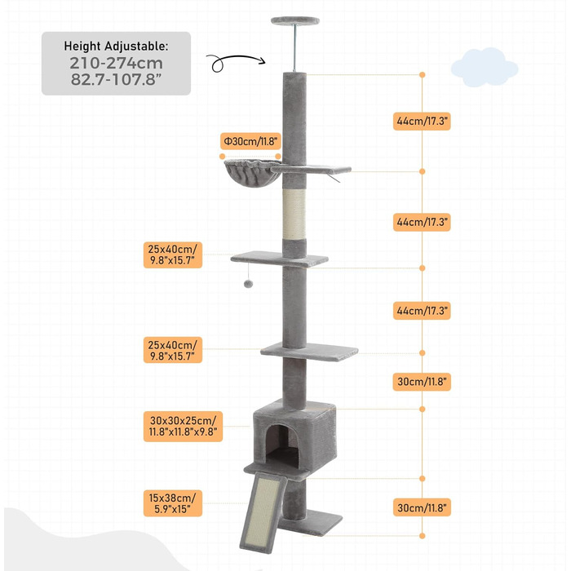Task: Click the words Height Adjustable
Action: click(x=116, y=46)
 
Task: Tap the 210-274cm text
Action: click(x=116, y=63)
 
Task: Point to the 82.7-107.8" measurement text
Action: click(x=116, y=81)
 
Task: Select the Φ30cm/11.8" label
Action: click(x=250, y=141)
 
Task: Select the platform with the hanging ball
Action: click(x=279, y=259)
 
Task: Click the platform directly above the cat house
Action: click(x=309, y=352)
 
